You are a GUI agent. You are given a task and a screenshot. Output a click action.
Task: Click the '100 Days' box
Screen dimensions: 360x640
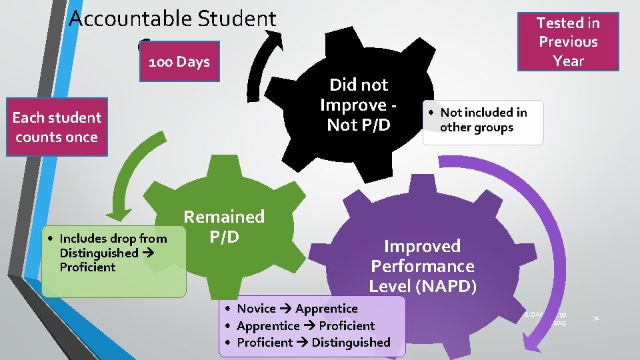tap(179, 62)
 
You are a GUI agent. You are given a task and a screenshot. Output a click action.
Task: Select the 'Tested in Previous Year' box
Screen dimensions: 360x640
tap(569, 41)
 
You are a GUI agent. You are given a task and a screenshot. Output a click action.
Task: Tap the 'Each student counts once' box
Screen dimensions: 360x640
tap(57, 127)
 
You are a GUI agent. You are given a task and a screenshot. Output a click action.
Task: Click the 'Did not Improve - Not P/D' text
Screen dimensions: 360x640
tap(359, 105)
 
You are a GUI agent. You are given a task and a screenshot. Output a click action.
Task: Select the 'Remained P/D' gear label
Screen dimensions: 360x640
tap(224, 227)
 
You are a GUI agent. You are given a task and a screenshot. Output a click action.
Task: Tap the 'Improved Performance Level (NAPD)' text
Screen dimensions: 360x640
tap(422, 266)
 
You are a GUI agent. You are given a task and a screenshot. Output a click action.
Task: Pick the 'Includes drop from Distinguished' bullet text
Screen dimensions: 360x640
tap(113, 253)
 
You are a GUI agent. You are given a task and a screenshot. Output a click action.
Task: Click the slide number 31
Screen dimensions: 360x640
tap(597, 319)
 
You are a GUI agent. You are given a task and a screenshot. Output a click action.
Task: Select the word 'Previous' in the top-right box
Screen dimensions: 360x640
tap(569, 41)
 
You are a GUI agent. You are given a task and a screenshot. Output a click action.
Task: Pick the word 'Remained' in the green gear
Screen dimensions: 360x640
tap(224, 217)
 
